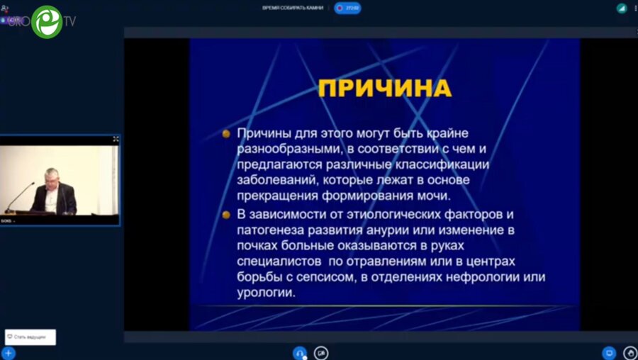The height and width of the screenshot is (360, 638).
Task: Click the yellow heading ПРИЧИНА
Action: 384,88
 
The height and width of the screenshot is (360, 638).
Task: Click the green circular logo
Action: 47,21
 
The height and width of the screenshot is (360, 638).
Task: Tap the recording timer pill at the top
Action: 348,8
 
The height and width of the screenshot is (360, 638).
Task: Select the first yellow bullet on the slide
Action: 226,133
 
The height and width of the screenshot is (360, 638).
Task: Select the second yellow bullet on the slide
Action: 226,214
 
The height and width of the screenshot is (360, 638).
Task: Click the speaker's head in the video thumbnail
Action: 51,176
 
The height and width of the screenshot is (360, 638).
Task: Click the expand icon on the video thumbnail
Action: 116,140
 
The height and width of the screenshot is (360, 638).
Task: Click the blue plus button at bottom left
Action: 9,353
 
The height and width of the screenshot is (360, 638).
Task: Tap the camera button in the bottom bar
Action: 321,353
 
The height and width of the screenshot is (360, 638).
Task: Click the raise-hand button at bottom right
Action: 630,353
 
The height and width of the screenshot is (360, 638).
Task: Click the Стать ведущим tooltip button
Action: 30,337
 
